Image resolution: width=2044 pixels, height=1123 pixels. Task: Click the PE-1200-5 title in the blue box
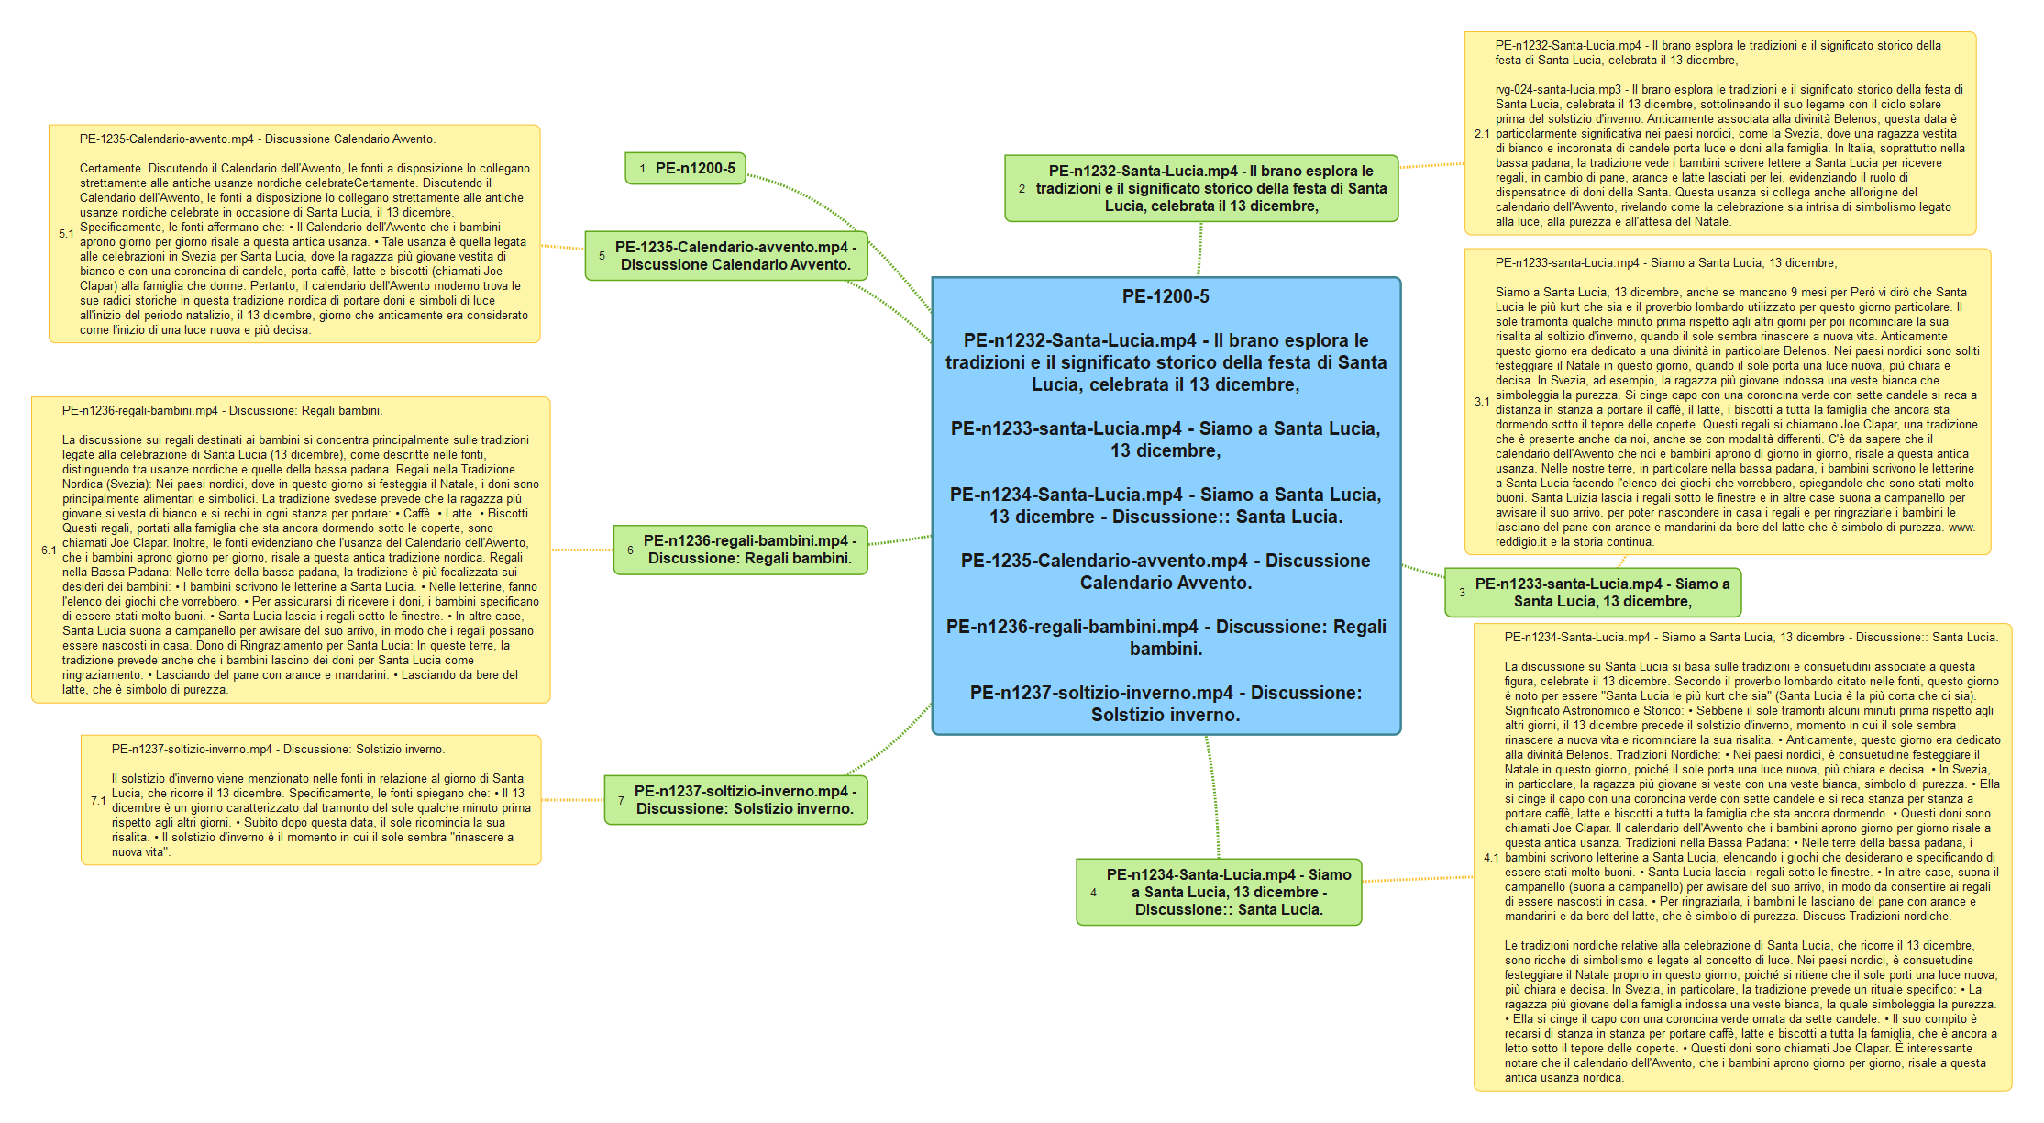click(x=1166, y=296)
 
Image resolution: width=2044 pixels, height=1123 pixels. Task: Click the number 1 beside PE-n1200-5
click(x=643, y=169)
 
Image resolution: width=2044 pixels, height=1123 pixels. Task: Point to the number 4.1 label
click(x=1490, y=858)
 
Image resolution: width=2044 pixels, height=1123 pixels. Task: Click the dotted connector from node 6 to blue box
click(x=900, y=540)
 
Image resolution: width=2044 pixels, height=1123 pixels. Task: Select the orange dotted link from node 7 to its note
click(x=572, y=800)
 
